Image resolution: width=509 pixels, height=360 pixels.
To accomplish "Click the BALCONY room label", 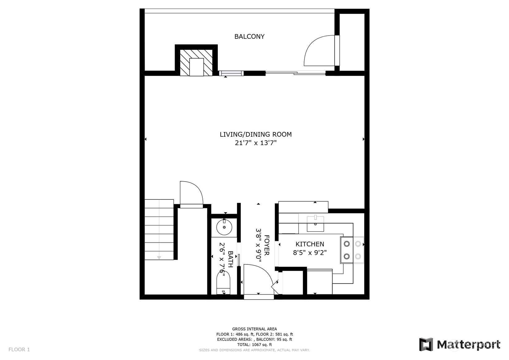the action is [249, 36].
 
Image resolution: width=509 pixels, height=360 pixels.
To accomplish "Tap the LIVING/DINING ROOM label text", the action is [256, 135].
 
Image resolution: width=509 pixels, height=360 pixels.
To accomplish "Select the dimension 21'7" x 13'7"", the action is [256, 143].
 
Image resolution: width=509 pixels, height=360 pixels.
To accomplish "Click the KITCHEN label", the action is [310, 244].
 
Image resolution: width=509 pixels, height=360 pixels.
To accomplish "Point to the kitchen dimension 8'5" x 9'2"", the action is [310, 253].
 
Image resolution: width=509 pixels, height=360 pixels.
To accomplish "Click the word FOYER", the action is [267, 245].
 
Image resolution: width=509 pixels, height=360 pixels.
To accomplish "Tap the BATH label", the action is [231, 259].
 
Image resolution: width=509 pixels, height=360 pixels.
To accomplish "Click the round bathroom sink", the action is [224, 227].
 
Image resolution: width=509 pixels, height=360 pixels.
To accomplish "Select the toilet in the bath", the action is [223, 282].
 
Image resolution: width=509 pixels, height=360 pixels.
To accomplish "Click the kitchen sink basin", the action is [316, 224].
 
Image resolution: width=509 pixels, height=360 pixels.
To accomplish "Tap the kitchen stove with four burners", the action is [352, 250].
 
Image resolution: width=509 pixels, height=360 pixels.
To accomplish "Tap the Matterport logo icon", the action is [426, 344].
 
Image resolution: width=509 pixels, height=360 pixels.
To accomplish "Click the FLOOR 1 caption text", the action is [19, 349].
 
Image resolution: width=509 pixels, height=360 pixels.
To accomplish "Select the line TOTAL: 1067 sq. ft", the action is [255, 345].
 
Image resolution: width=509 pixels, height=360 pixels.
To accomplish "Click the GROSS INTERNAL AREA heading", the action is [255, 329].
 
